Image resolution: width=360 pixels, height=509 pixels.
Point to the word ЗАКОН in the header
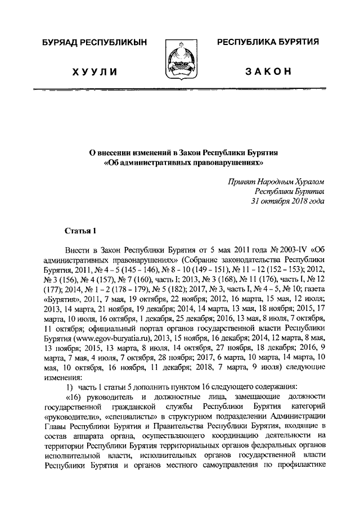pyautogui.click(x=268, y=71)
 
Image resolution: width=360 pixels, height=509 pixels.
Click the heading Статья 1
pyautogui.click(x=81, y=231)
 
